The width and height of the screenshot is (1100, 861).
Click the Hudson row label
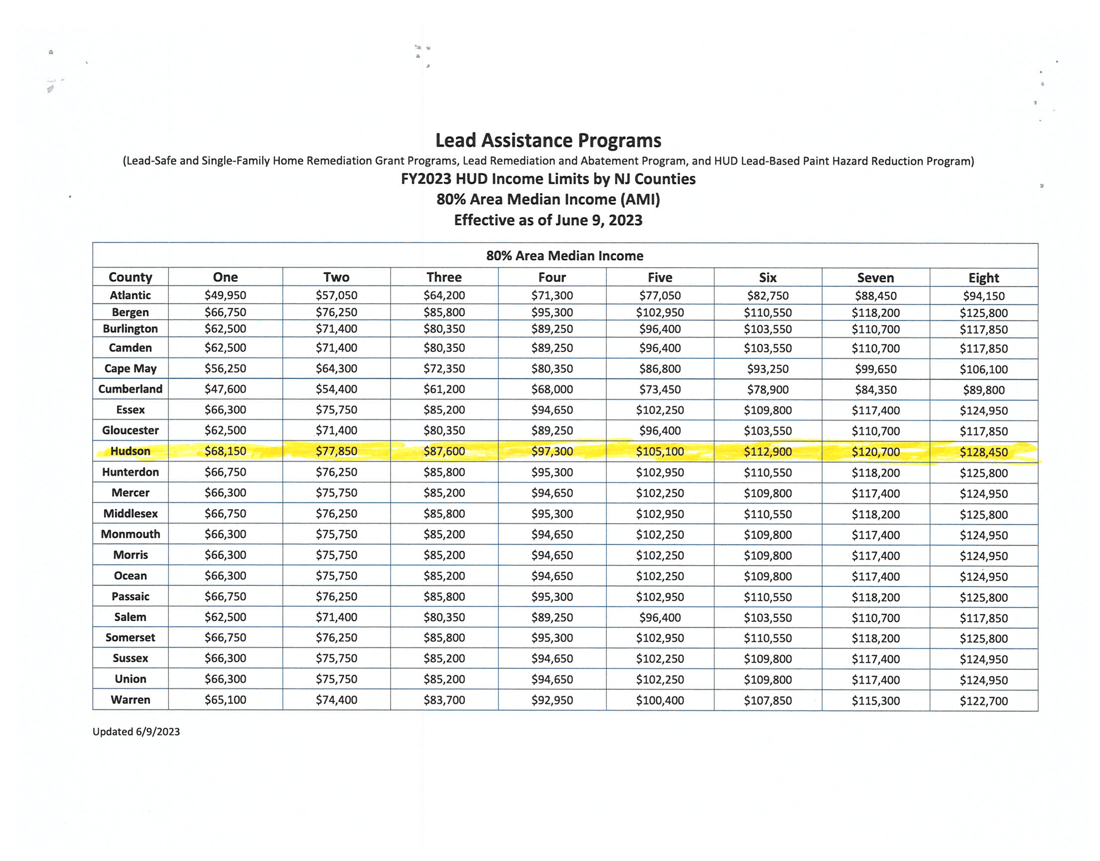[x=130, y=451]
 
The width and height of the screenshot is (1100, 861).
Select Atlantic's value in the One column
[x=225, y=295]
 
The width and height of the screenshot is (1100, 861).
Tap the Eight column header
[x=983, y=278]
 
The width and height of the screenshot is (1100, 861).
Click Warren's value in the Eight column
[x=983, y=701]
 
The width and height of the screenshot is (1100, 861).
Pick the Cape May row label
[x=130, y=369]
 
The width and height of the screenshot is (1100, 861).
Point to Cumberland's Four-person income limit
[x=552, y=389]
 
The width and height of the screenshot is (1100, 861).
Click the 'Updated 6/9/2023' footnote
[x=136, y=731]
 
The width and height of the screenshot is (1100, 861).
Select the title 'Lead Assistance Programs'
[x=548, y=140]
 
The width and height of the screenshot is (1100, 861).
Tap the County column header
[x=130, y=277]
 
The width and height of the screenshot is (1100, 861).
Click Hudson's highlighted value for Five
[x=660, y=451]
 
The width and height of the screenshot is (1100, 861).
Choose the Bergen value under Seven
[x=875, y=312]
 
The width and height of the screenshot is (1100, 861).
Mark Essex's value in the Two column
[x=336, y=410]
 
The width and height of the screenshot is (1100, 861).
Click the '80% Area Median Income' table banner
[x=564, y=256]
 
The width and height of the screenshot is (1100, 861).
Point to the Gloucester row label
[x=130, y=430]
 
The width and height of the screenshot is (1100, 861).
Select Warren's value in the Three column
[x=444, y=700]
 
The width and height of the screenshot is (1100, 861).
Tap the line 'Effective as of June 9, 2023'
[x=548, y=220]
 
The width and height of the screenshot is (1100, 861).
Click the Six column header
[x=767, y=278]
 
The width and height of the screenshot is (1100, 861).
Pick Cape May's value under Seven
[x=875, y=369]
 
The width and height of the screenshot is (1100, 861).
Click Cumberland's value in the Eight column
[x=983, y=390]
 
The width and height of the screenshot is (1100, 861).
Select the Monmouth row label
[x=130, y=534]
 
